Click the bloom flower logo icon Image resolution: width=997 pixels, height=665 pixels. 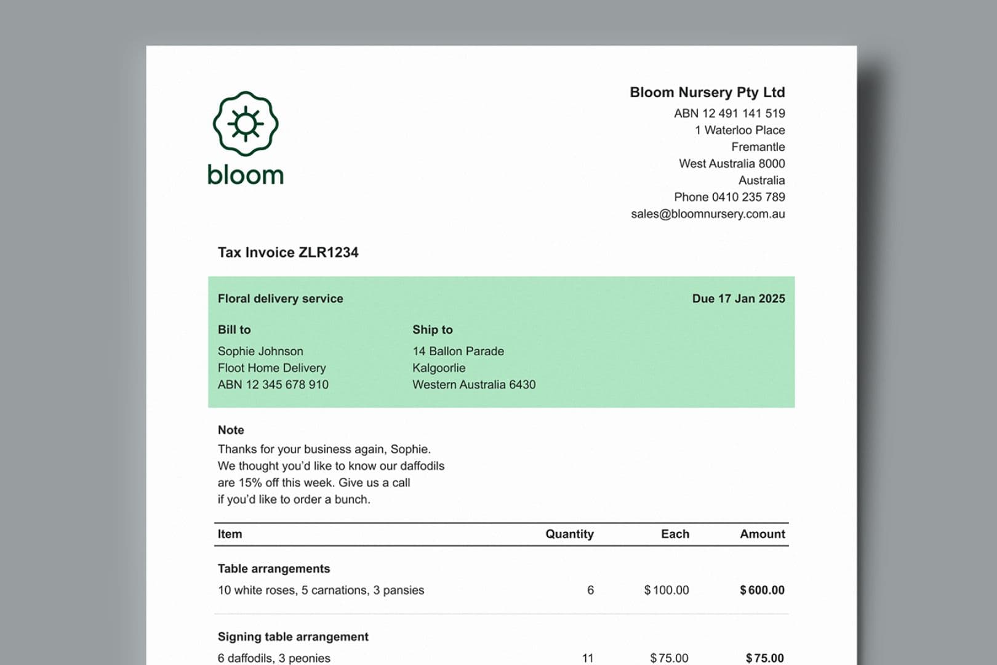pos(246,124)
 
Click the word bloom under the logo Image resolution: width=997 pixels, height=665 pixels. pos(246,175)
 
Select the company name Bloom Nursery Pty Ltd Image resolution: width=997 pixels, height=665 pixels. pos(707,92)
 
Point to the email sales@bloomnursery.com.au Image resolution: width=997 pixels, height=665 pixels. pos(708,214)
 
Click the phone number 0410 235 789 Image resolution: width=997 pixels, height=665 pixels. pos(748,197)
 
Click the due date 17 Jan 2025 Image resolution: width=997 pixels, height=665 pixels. pos(751,299)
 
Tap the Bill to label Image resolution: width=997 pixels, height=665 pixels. pos(234,329)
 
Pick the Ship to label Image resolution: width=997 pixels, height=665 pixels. pos(432,329)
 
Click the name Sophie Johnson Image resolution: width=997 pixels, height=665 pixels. pos(260,351)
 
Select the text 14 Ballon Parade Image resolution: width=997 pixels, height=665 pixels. pos(458,351)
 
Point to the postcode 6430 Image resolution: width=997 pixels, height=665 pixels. pos(523,385)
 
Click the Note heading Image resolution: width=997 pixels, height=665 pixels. pos(231,430)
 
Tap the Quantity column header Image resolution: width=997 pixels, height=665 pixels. pos(569,534)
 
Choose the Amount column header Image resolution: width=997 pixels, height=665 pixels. pos(762,534)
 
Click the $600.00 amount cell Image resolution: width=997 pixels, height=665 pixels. pos(762,590)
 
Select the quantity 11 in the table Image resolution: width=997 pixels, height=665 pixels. pos(588,658)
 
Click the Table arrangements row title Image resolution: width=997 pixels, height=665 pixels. pos(274,568)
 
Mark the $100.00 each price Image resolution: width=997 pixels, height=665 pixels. pos(667,590)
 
